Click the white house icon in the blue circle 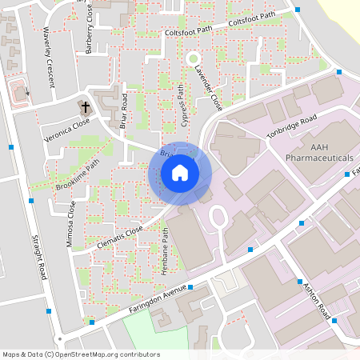point(180,173)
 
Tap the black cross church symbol point(85,106)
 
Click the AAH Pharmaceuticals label point(320,153)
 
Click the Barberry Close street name point(90,36)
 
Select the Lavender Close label point(209,89)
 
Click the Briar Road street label point(124,110)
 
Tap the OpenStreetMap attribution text point(81,354)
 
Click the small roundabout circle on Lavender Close point(192,58)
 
